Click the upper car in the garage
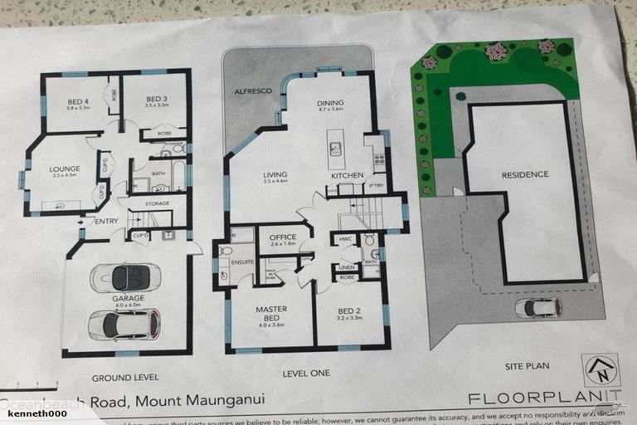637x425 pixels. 125,276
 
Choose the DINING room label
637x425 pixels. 329,104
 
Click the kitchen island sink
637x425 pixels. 336,149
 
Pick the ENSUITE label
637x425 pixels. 242,261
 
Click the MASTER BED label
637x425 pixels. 271,314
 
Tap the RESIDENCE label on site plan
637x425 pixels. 524,174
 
